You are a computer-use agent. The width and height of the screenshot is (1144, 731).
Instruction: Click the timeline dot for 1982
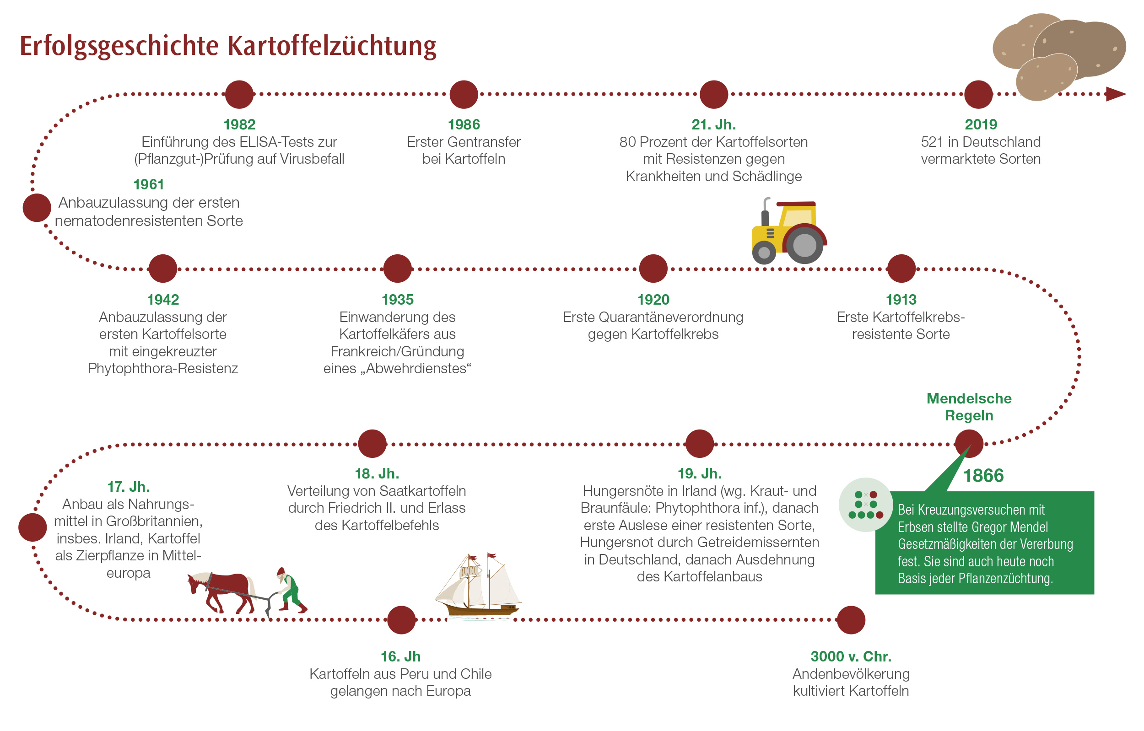click(239, 95)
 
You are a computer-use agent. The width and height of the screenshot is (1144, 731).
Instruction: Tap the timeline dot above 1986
click(464, 95)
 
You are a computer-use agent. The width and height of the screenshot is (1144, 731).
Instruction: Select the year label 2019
click(981, 124)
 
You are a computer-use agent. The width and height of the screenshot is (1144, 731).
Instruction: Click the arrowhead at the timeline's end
click(1116, 94)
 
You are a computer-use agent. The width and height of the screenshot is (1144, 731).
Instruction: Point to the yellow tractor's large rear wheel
click(804, 245)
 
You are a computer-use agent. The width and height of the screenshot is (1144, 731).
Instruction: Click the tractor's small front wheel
click(764, 252)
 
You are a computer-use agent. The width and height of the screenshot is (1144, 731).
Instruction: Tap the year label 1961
click(149, 184)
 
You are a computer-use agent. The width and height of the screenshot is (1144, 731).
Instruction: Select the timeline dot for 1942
click(163, 269)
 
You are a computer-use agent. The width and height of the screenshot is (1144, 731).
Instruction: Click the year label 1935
click(398, 300)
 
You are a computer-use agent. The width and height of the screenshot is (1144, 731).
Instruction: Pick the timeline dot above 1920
click(653, 269)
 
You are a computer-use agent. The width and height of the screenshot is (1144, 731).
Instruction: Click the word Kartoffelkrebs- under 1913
click(901, 317)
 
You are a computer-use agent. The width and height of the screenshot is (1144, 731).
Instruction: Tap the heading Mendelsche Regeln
click(969, 407)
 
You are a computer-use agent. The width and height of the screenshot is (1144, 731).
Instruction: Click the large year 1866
click(983, 475)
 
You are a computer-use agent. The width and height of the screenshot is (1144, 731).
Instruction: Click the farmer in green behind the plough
click(290, 590)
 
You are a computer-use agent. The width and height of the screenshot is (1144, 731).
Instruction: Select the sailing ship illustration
click(478, 586)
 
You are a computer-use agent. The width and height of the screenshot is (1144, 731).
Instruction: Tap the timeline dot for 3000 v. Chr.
click(851, 620)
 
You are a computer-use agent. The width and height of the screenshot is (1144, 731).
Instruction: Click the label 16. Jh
click(400, 656)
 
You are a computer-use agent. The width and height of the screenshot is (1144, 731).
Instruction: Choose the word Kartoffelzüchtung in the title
click(332, 47)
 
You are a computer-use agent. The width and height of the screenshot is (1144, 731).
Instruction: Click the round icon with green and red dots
click(866, 505)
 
